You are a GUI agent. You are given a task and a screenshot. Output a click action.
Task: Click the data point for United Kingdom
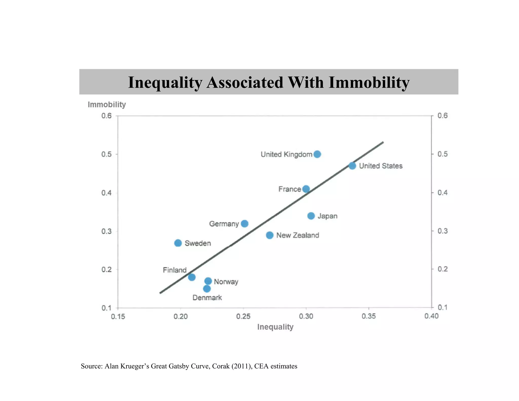click(317, 154)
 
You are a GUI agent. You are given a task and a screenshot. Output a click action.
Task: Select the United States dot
click(352, 166)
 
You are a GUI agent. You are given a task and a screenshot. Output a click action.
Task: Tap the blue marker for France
click(306, 189)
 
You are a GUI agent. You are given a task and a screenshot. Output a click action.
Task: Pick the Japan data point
click(311, 216)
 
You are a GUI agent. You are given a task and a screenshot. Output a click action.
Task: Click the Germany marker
click(245, 224)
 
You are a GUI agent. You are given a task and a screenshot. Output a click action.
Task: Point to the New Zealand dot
click(270, 235)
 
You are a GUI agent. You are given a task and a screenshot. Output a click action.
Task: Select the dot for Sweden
click(178, 243)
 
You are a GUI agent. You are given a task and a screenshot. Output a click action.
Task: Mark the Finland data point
click(192, 277)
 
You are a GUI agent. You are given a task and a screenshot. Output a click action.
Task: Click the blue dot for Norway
click(208, 281)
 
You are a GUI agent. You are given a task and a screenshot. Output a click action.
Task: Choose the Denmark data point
click(207, 289)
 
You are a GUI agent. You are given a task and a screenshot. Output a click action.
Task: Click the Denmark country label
click(207, 298)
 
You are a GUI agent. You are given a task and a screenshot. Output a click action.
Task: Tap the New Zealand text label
click(298, 235)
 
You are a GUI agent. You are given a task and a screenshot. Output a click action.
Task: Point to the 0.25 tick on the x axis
click(243, 316)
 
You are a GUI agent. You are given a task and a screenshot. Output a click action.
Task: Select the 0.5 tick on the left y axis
click(106, 154)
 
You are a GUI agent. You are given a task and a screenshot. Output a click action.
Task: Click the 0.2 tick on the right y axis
click(442, 269)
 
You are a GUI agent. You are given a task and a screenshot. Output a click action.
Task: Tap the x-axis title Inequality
click(275, 327)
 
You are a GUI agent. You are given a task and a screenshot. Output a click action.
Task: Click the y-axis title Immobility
click(107, 104)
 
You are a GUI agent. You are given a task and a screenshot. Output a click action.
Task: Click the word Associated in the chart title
click(245, 82)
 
